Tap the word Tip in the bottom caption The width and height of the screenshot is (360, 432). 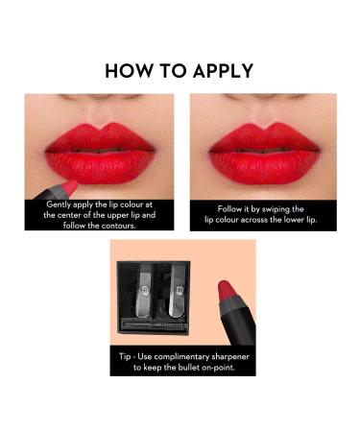[x=125, y=355]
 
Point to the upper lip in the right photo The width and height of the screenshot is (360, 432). [x=253, y=139]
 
